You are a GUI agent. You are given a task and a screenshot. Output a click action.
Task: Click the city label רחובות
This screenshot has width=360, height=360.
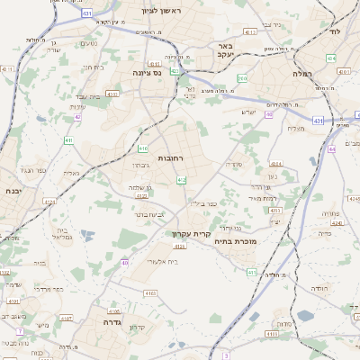170,157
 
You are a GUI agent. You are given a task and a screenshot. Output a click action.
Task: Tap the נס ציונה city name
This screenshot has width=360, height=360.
147,72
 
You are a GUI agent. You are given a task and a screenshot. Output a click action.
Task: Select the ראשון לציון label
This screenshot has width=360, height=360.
161,11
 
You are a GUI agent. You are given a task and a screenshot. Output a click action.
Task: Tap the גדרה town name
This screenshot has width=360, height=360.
112,321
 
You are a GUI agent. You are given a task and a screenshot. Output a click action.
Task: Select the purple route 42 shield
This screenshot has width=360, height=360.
77,116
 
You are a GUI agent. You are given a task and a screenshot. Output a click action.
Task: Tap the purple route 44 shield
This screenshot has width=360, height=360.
331,149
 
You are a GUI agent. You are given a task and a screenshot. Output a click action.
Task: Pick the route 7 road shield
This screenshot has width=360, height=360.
226,355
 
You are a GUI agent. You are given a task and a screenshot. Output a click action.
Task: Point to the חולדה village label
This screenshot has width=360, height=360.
319,288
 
